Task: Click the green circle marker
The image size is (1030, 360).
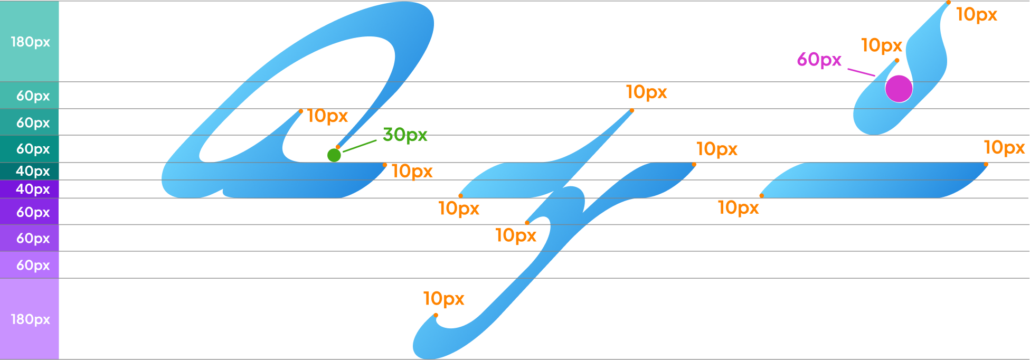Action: tap(334, 155)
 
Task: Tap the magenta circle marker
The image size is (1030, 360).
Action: tap(899, 88)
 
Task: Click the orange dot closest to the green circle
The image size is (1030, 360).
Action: tap(338, 147)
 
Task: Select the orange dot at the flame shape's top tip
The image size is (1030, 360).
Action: tap(948, 3)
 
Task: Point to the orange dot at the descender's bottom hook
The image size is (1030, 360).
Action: tap(436, 315)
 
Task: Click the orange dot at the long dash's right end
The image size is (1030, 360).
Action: tap(986, 165)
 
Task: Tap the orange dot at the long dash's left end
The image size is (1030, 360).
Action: tap(761, 196)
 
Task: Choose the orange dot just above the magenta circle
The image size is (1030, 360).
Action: tap(897, 61)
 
